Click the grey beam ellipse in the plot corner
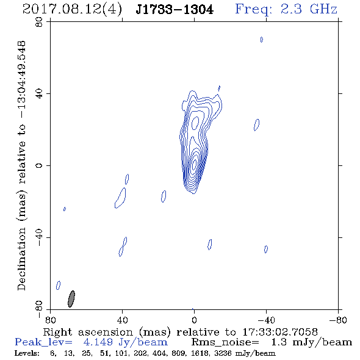click(x=71, y=299)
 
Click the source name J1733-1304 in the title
click(x=175, y=10)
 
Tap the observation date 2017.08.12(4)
click(x=72, y=10)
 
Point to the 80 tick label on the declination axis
click(x=39, y=22)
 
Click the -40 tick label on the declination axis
click(x=39, y=237)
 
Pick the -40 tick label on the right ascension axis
click(x=266, y=320)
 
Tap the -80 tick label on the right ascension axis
click(x=338, y=320)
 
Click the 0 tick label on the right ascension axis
click(x=194, y=320)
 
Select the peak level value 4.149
click(x=98, y=342)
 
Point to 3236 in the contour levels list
click(x=223, y=353)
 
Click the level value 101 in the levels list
click(x=121, y=353)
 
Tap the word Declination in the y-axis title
click(x=21, y=259)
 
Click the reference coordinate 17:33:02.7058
click(x=280, y=332)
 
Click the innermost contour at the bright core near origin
click(x=194, y=165)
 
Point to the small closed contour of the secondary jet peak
click(x=195, y=123)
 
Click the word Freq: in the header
click(x=254, y=10)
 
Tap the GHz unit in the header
click(x=323, y=9)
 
